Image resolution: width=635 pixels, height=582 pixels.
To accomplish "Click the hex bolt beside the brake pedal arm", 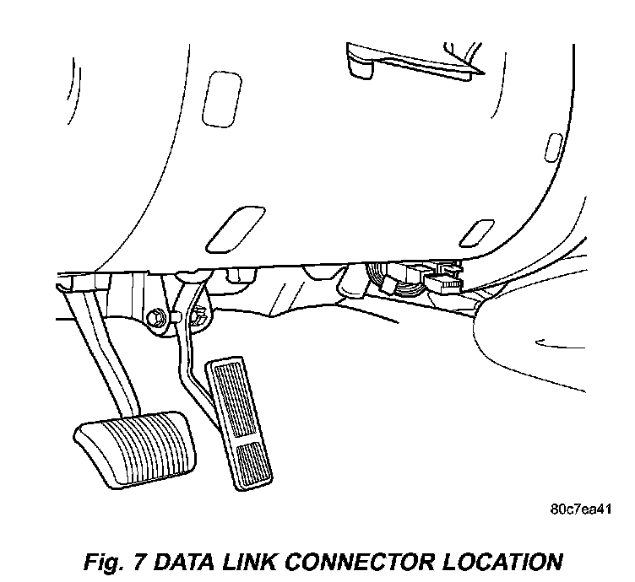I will pos(155,318).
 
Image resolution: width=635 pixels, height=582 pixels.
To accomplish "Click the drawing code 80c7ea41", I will pos(579,509).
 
